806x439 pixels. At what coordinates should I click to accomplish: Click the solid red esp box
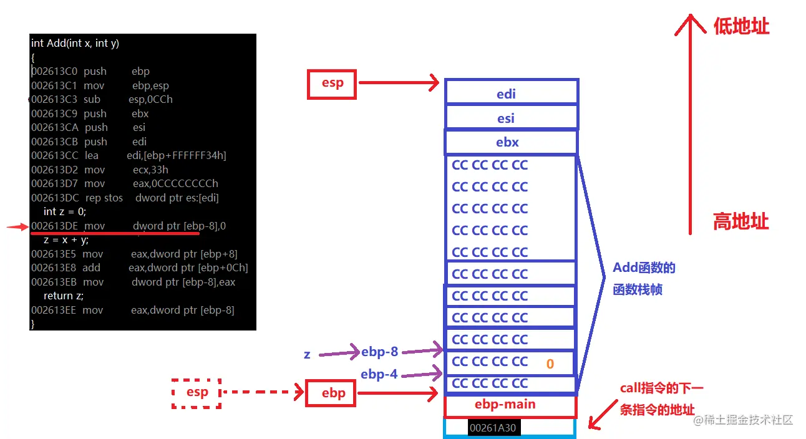click(x=331, y=84)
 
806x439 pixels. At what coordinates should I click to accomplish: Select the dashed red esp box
click(x=197, y=393)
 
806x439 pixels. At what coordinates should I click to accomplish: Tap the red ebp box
click(x=333, y=393)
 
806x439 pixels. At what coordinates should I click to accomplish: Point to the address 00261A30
click(x=493, y=428)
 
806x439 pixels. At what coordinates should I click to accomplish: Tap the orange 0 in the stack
click(x=550, y=364)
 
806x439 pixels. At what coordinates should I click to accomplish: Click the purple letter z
click(x=307, y=354)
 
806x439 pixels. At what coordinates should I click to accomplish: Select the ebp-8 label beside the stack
click(x=379, y=352)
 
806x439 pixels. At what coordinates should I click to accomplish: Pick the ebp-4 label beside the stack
click(x=379, y=375)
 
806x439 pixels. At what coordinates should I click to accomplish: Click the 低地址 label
click(x=741, y=26)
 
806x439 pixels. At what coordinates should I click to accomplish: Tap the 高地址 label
click(x=741, y=221)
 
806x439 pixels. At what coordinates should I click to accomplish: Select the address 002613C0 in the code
click(x=54, y=72)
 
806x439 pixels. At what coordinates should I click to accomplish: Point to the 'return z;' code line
click(x=64, y=296)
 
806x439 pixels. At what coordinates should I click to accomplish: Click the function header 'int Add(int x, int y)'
click(x=75, y=43)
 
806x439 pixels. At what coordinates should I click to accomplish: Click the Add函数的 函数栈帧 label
click(x=644, y=279)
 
